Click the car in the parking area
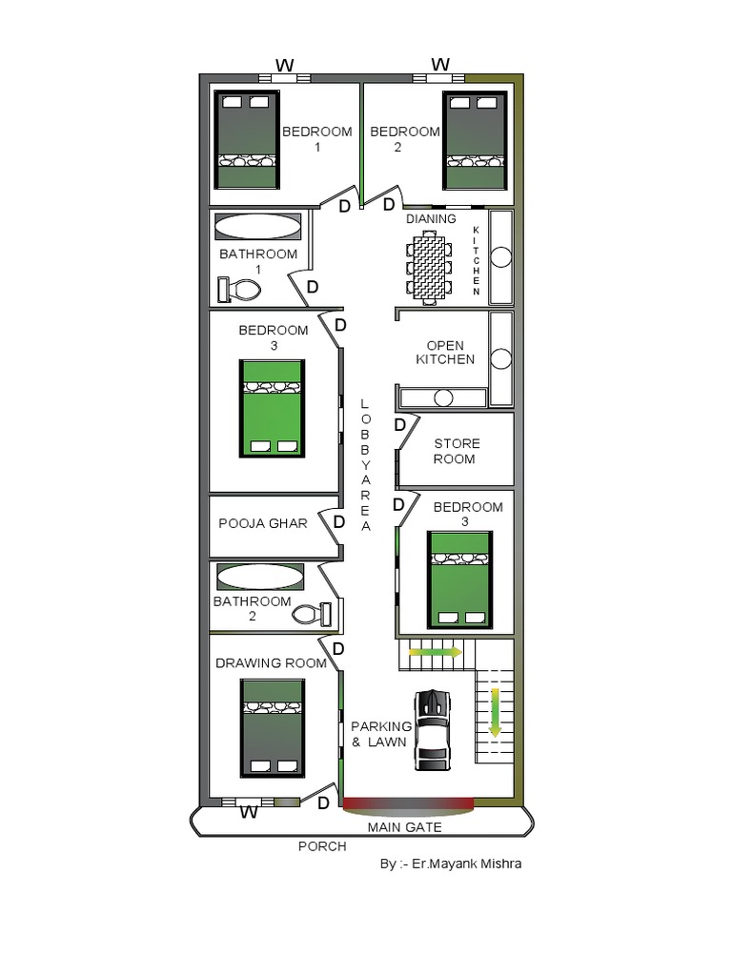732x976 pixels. coord(433,730)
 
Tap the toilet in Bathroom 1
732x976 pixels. coord(239,290)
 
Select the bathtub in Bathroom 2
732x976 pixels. coord(260,577)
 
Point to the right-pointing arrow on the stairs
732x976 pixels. coord(435,652)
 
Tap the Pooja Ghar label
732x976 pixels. coord(263,523)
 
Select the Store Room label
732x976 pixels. coord(457,451)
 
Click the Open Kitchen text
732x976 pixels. coord(445,353)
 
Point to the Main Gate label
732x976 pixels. coord(404,827)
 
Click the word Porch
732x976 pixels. coord(322,846)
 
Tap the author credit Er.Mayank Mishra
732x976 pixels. coord(467,864)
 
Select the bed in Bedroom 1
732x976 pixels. coord(246,140)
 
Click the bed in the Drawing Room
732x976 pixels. coord(273,728)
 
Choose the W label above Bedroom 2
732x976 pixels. coord(440,64)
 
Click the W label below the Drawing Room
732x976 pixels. coord(249,812)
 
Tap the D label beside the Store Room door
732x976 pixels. coord(400,425)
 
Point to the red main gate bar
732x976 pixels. coord(409,803)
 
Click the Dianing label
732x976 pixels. coord(431,219)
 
